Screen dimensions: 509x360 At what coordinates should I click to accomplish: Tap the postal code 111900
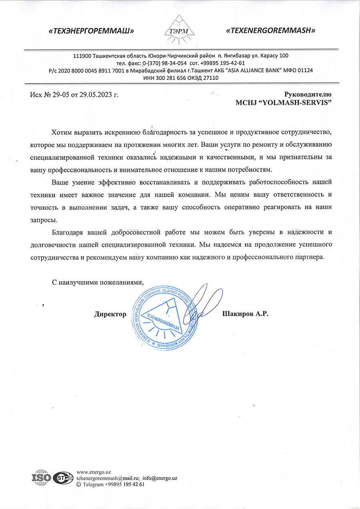[x=82, y=56]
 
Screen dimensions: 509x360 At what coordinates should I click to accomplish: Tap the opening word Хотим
[x=62, y=132]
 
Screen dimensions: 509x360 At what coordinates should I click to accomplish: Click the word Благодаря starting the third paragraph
[x=68, y=232]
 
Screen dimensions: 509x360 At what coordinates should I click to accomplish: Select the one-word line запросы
[x=44, y=220]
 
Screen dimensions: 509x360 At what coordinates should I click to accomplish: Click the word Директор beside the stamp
[x=110, y=314]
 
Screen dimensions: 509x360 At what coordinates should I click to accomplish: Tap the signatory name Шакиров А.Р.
[x=245, y=314]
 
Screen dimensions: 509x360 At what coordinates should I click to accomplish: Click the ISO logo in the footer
[x=41, y=477]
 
